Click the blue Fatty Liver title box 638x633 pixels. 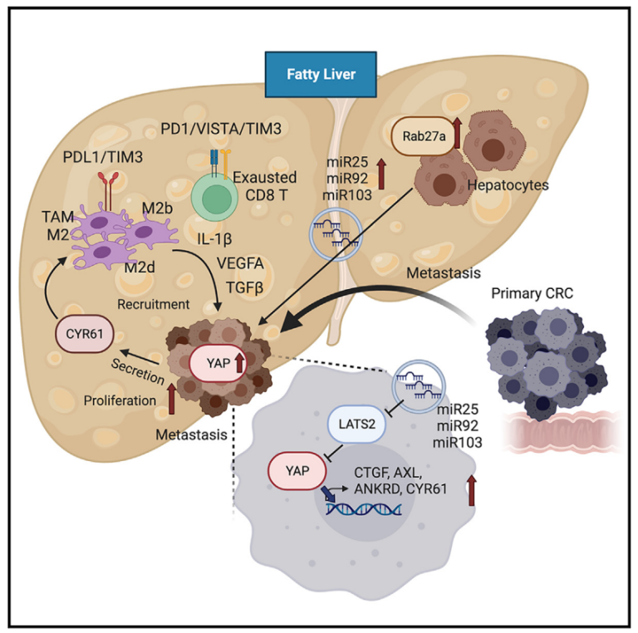321,74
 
